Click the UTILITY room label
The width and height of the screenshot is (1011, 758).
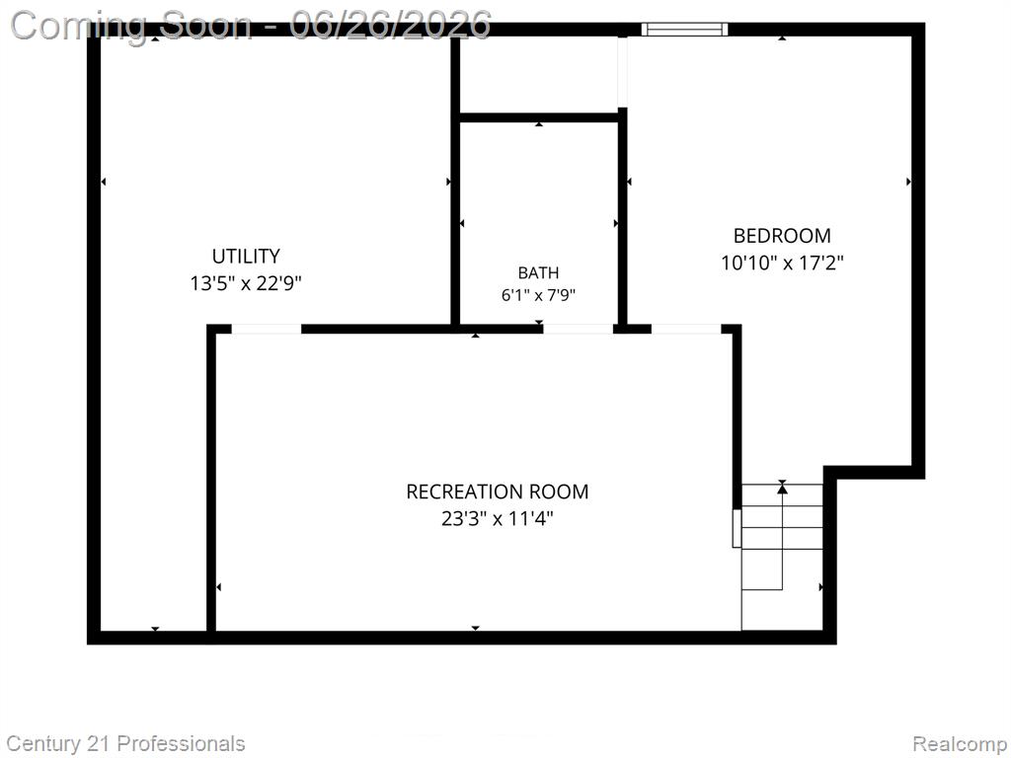[x=246, y=256]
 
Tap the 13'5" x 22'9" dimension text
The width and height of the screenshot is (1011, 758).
[x=246, y=283]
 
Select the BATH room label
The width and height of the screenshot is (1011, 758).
[x=538, y=272]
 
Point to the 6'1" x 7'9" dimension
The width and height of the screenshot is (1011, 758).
[x=538, y=295]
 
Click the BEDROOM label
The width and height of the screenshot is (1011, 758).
[x=782, y=235]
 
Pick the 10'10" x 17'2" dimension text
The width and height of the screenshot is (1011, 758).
[x=782, y=263]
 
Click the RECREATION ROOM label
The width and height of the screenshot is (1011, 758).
[x=498, y=492]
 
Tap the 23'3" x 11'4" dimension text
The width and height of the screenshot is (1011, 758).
[x=498, y=518]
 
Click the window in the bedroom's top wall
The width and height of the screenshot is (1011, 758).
[x=685, y=29]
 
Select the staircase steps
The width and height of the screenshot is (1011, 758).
[x=782, y=557]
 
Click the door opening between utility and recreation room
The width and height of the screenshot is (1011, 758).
[x=267, y=329]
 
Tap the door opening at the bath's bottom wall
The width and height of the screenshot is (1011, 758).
[x=578, y=329]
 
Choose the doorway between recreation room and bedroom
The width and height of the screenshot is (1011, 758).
[x=686, y=329]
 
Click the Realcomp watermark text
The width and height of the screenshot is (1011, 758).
[x=959, y=744]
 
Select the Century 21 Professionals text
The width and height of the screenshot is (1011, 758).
[x=125, y=744]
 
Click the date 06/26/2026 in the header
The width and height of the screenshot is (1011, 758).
[x=390, y=25]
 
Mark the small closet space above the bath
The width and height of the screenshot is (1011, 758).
[x=539, y=74]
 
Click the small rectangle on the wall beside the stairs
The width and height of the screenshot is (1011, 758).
[x=737, y=529]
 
